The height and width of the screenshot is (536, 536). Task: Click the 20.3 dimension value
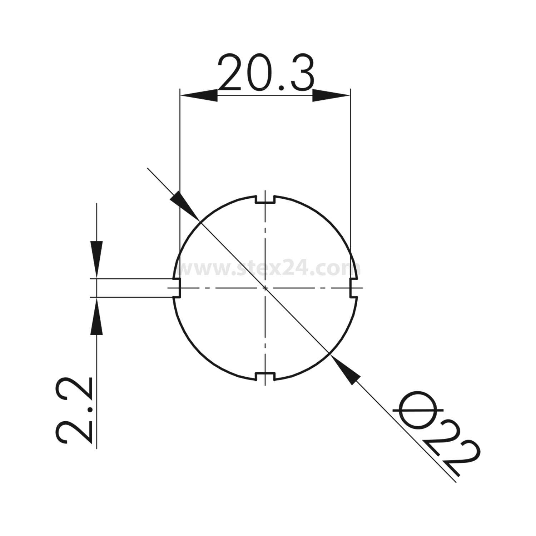[x=265, y=73]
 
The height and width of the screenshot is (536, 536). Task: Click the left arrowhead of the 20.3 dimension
[x=198, y=95]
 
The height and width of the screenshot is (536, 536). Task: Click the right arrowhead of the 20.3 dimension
[x=331, y=95]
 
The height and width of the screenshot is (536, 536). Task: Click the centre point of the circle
[x=265, y=288]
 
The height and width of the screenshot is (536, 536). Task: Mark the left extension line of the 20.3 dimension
[x=180, y=161]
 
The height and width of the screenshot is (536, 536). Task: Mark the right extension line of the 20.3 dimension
[x=351, y=161]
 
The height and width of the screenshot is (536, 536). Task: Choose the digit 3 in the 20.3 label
[x=299, y=73]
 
